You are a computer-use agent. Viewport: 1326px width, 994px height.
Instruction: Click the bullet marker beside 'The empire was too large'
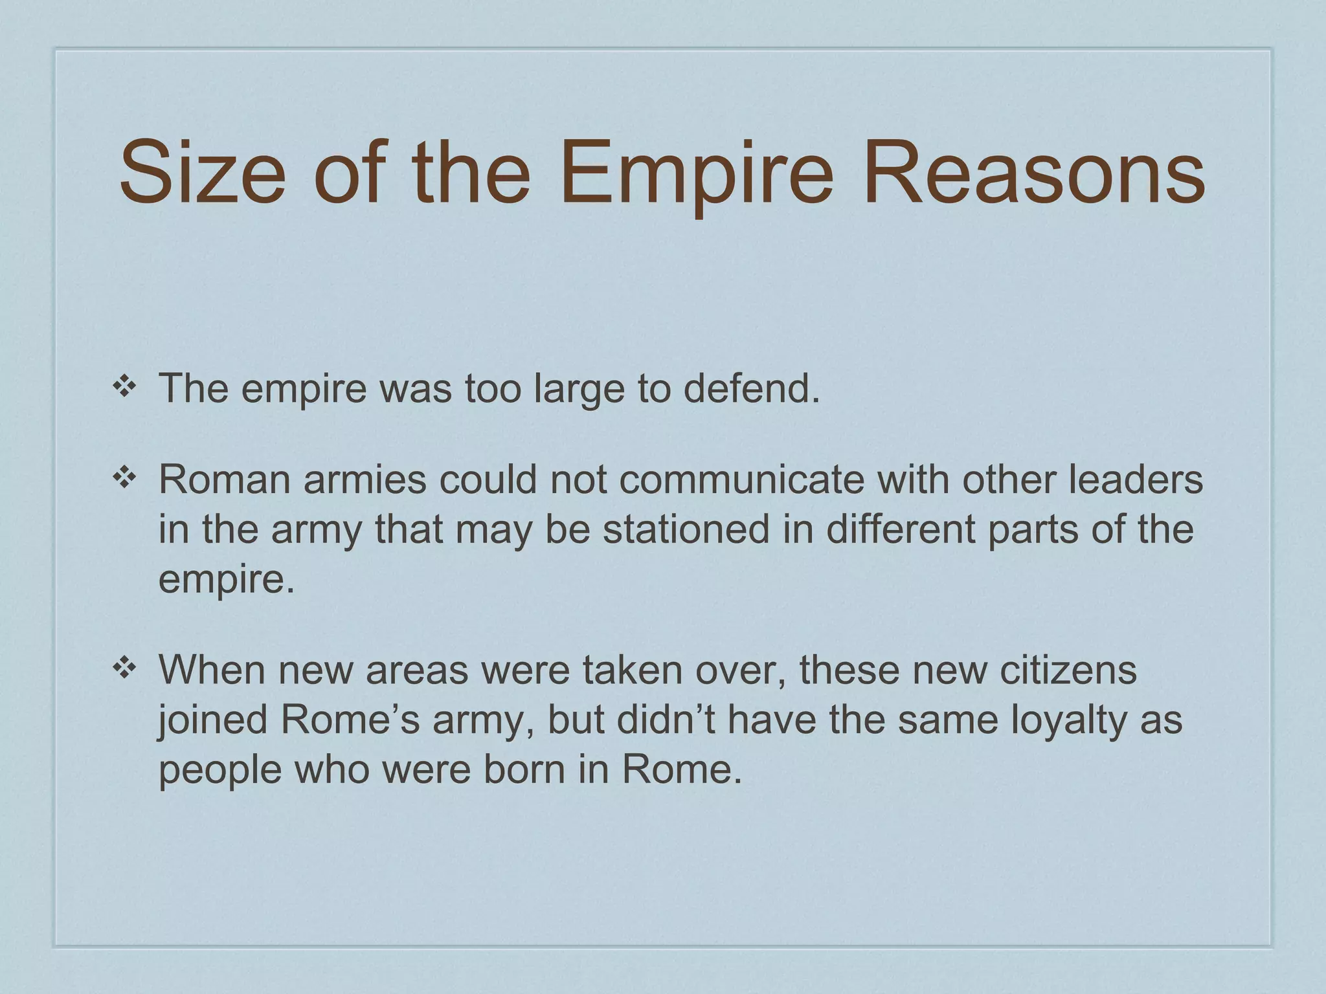tap(122, 386)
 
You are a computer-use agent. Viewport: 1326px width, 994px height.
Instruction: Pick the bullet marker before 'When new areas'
tap(122, 669)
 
